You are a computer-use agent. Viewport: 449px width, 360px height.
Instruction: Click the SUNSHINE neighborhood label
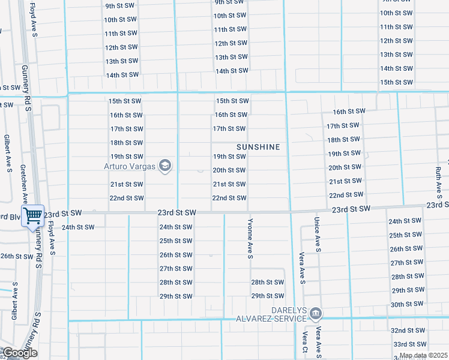pyautogui.click(x=258, y=147)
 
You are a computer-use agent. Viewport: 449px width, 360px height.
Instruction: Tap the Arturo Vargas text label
pyautogui.click(x=130, y=166)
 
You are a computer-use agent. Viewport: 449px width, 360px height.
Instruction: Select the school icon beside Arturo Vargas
pyautogui.click(x=165, y=166)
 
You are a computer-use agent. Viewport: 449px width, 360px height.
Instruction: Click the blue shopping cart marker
pyautogui.click(x=33, y=215)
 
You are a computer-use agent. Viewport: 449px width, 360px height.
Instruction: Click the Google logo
pyautogui.click(x=20, y=353)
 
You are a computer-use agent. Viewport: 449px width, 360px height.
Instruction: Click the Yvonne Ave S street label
pyautogui.click(x=250, y=238)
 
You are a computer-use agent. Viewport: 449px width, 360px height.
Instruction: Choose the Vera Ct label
pyautogui.click(x=306, y=343)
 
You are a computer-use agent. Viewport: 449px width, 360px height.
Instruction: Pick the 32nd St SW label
pyautogui.click(x=409, y=331)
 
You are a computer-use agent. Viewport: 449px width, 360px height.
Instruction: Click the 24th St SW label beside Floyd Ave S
pyautogui.click(x=78, y=227)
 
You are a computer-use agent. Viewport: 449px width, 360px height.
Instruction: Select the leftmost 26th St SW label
pyautogui.click(x=17, y=256)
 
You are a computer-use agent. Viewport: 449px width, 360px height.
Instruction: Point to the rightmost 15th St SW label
pyautogui.click(x=396, y=82)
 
